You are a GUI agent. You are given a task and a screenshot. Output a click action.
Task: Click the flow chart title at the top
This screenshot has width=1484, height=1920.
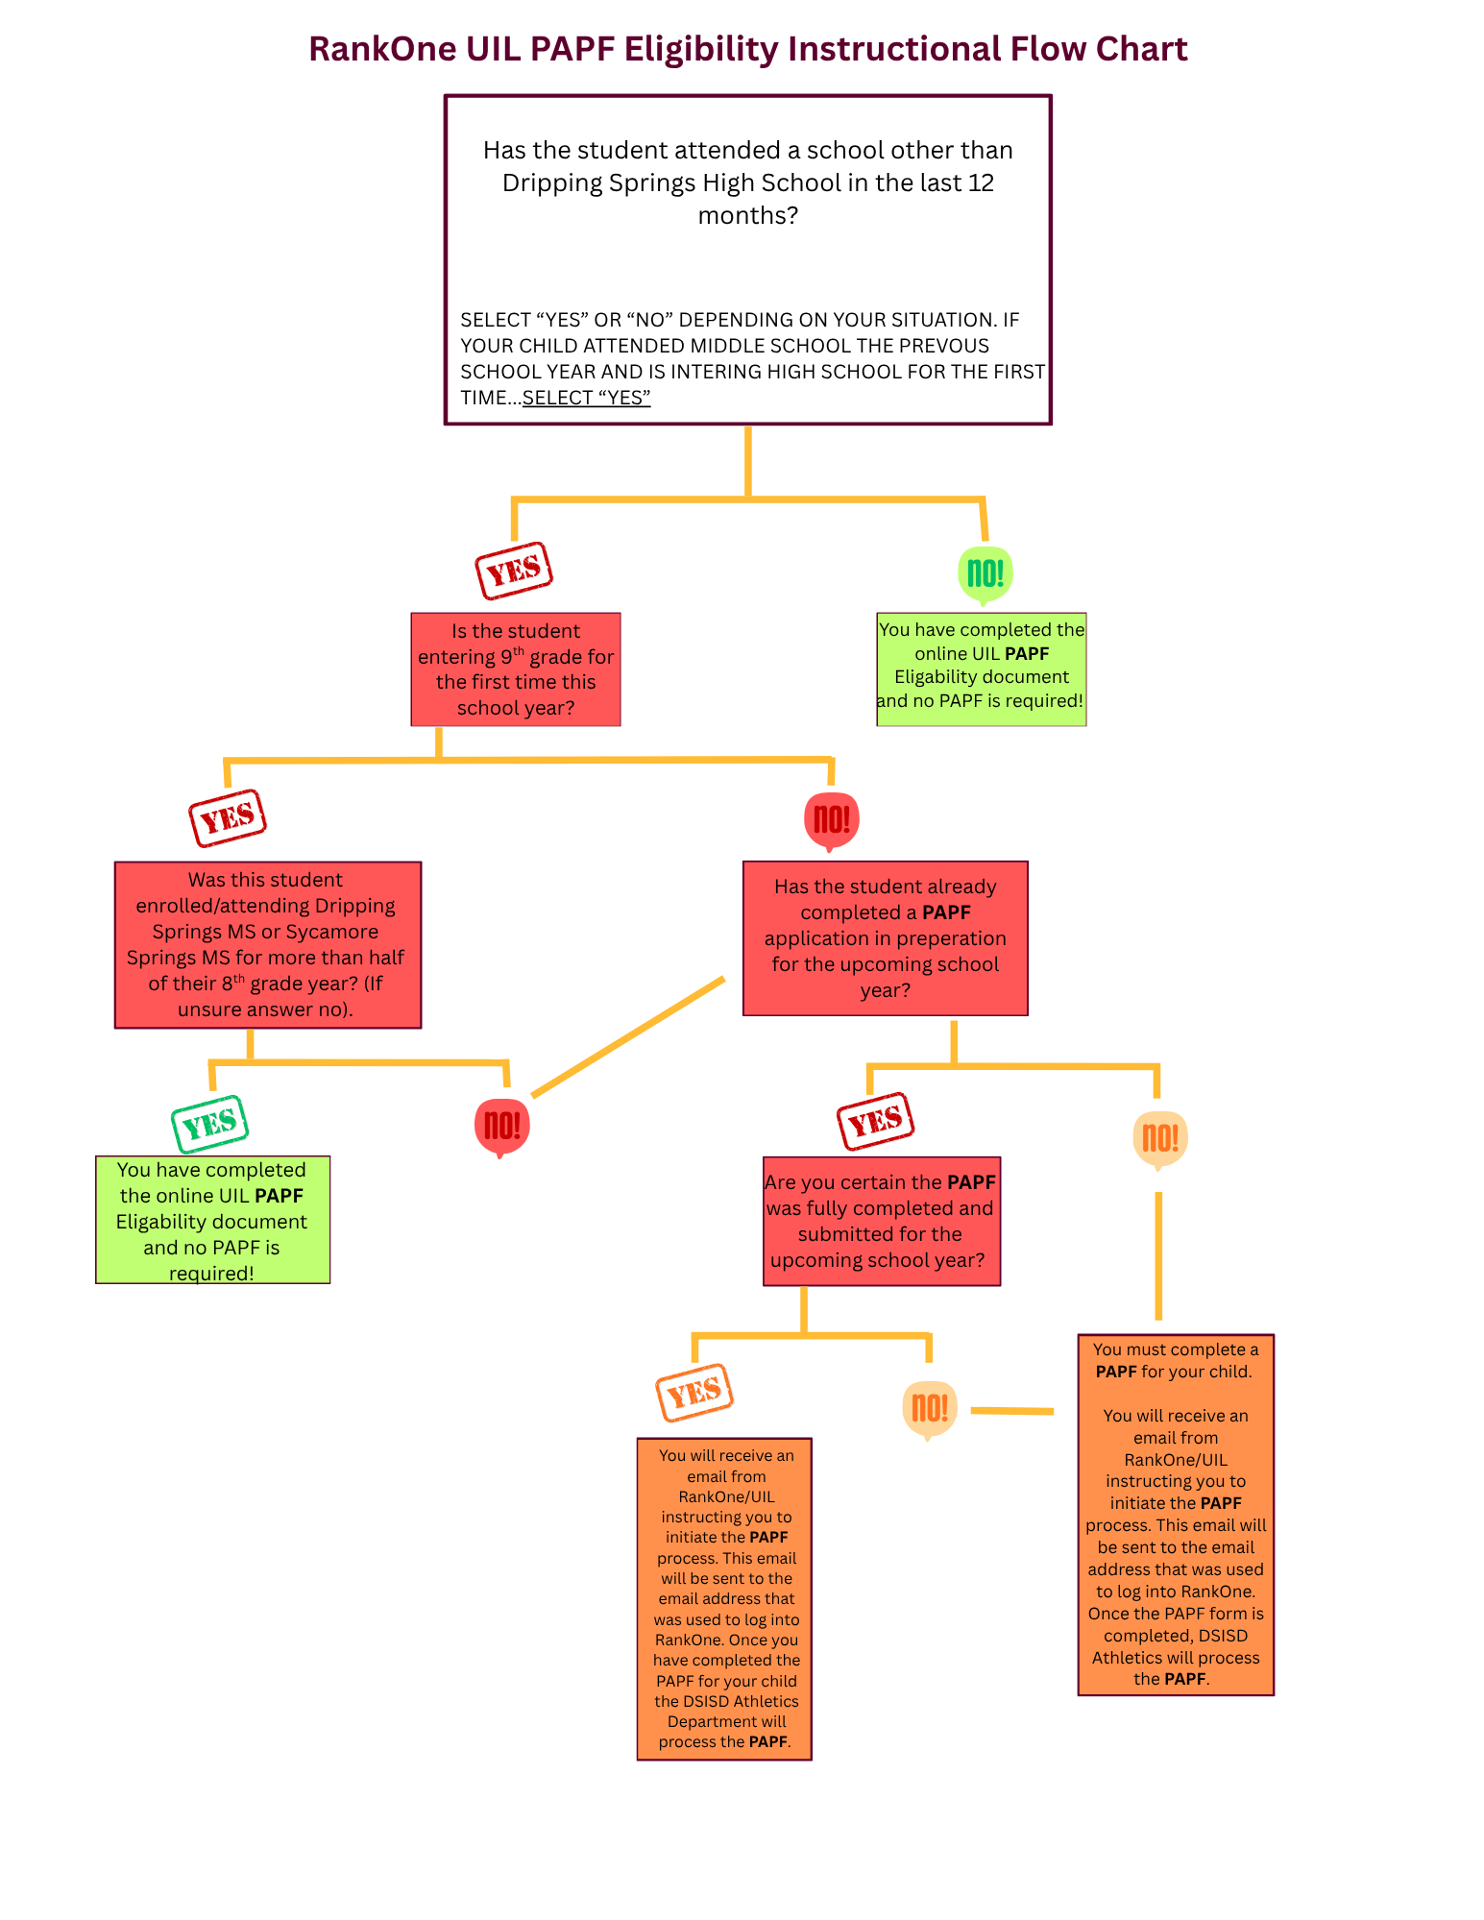[x=747, y=49]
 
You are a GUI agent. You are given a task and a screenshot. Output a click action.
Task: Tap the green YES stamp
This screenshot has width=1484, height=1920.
[x=210, y=1123]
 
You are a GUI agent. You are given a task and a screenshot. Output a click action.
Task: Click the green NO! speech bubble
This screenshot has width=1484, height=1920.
[x=985, y=574]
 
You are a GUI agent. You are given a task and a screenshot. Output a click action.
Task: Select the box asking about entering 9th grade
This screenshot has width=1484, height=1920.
[x=516, y=669]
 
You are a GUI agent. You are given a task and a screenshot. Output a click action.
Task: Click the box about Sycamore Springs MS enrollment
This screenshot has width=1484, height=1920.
[x=268, y=945]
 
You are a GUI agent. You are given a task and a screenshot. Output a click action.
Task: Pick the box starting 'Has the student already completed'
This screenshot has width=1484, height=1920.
[x=886, y=938]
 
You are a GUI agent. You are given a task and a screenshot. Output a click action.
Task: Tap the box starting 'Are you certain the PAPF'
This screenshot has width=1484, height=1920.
[x=882, y=1221]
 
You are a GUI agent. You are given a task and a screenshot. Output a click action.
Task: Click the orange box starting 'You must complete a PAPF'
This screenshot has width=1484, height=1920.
[x=1176, y=1515]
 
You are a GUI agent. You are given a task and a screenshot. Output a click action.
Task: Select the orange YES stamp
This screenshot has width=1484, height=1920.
[x=694, y=1392]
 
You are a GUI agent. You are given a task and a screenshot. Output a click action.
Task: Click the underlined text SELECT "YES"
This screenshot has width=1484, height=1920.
[x=587, y=398]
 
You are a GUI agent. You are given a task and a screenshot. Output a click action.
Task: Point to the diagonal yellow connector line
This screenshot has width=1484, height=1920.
[x=628, y=1037]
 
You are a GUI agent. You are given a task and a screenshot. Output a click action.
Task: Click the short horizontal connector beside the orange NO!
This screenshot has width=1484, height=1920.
[x=1012, y=1411]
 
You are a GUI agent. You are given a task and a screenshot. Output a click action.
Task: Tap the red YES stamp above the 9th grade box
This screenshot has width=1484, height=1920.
[x=514, y=571]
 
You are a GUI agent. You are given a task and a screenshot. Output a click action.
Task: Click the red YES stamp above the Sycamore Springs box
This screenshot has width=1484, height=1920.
[x=228, y=818]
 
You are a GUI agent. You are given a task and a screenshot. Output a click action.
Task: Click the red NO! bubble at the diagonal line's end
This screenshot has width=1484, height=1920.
[x=502, y=1128]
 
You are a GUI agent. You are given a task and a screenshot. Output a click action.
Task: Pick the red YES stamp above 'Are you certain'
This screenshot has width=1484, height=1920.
[x=875, y=1121]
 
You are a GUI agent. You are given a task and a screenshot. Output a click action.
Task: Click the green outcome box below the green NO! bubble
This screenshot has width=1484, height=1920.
[x=982, y=669]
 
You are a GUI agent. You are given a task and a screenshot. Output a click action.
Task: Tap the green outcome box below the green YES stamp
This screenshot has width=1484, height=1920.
[x=213, y=1220]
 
